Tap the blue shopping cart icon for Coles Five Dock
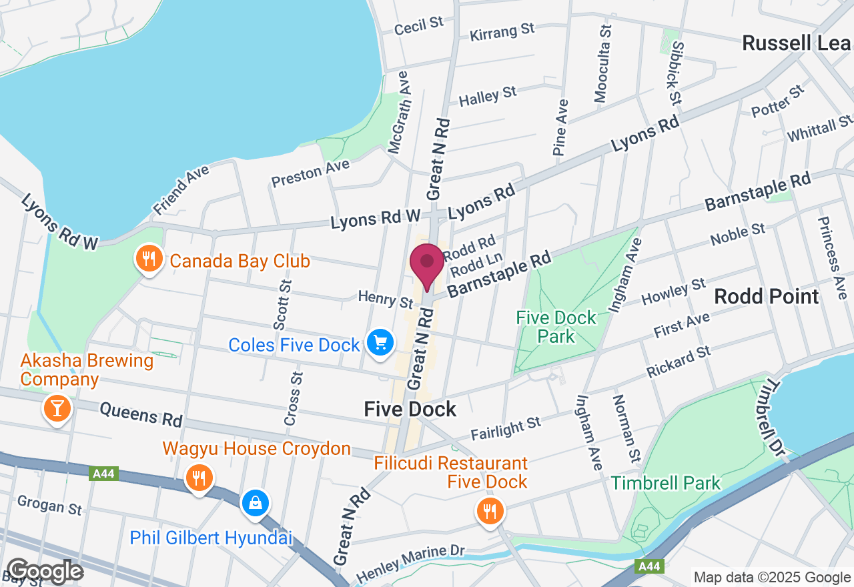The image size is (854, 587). (380, 344)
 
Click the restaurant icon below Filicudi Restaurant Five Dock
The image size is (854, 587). (490, 512)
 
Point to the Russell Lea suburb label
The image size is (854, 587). (797, 43)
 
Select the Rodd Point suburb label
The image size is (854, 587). (766, 297)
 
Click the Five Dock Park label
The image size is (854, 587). (556, 326)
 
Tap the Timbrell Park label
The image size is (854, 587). (667, 483)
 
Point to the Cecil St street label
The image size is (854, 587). (419, 26)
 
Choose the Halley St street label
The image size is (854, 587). (488, 97)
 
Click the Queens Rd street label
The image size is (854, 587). (141, 414)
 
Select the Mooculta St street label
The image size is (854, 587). (602, 65)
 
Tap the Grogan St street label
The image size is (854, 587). (51, 505)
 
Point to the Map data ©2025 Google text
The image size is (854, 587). (773, 578)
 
